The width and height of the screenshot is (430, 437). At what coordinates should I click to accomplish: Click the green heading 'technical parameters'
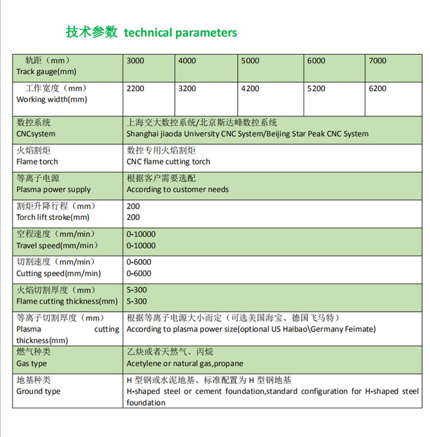(x=180, y=33)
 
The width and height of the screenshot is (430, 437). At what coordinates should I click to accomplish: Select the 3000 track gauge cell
(x=135, y=61)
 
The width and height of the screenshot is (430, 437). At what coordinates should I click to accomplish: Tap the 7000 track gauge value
(x=377, y=61)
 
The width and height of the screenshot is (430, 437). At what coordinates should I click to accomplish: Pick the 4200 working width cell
(x=250, y=88)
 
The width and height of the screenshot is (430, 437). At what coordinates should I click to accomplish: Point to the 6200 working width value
(x=377, y=88)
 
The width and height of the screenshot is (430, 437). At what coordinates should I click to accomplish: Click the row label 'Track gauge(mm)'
(x=46, y=72)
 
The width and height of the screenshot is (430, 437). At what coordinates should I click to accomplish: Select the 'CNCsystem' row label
(x=36, y=134)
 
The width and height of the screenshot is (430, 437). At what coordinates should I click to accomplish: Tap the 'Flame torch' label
(x=37, y=161)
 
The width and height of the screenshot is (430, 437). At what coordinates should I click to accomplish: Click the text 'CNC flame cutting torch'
(x=168, y=161)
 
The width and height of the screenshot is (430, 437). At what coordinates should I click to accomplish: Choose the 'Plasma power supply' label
(x=53, y=190)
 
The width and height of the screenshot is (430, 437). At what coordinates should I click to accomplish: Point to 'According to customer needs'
(x=178, y=190)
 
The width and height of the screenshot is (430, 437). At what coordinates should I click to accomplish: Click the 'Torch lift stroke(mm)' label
(x=53, y=217)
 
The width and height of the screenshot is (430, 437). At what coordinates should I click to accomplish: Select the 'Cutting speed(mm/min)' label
(x=58, y=274)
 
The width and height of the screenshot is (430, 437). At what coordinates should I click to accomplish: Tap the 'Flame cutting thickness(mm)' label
(x=67, y=301)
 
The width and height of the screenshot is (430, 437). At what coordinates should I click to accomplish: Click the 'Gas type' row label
(x=31, y=363)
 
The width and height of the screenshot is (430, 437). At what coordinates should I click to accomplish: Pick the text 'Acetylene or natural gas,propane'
(x=185, y=363)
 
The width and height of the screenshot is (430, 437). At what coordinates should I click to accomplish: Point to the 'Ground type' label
(x=38, y=391)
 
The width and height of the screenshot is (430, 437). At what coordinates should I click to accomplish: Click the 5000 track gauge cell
(x=250, y=61)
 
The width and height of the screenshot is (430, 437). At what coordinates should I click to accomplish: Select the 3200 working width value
(x=187, y=88)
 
